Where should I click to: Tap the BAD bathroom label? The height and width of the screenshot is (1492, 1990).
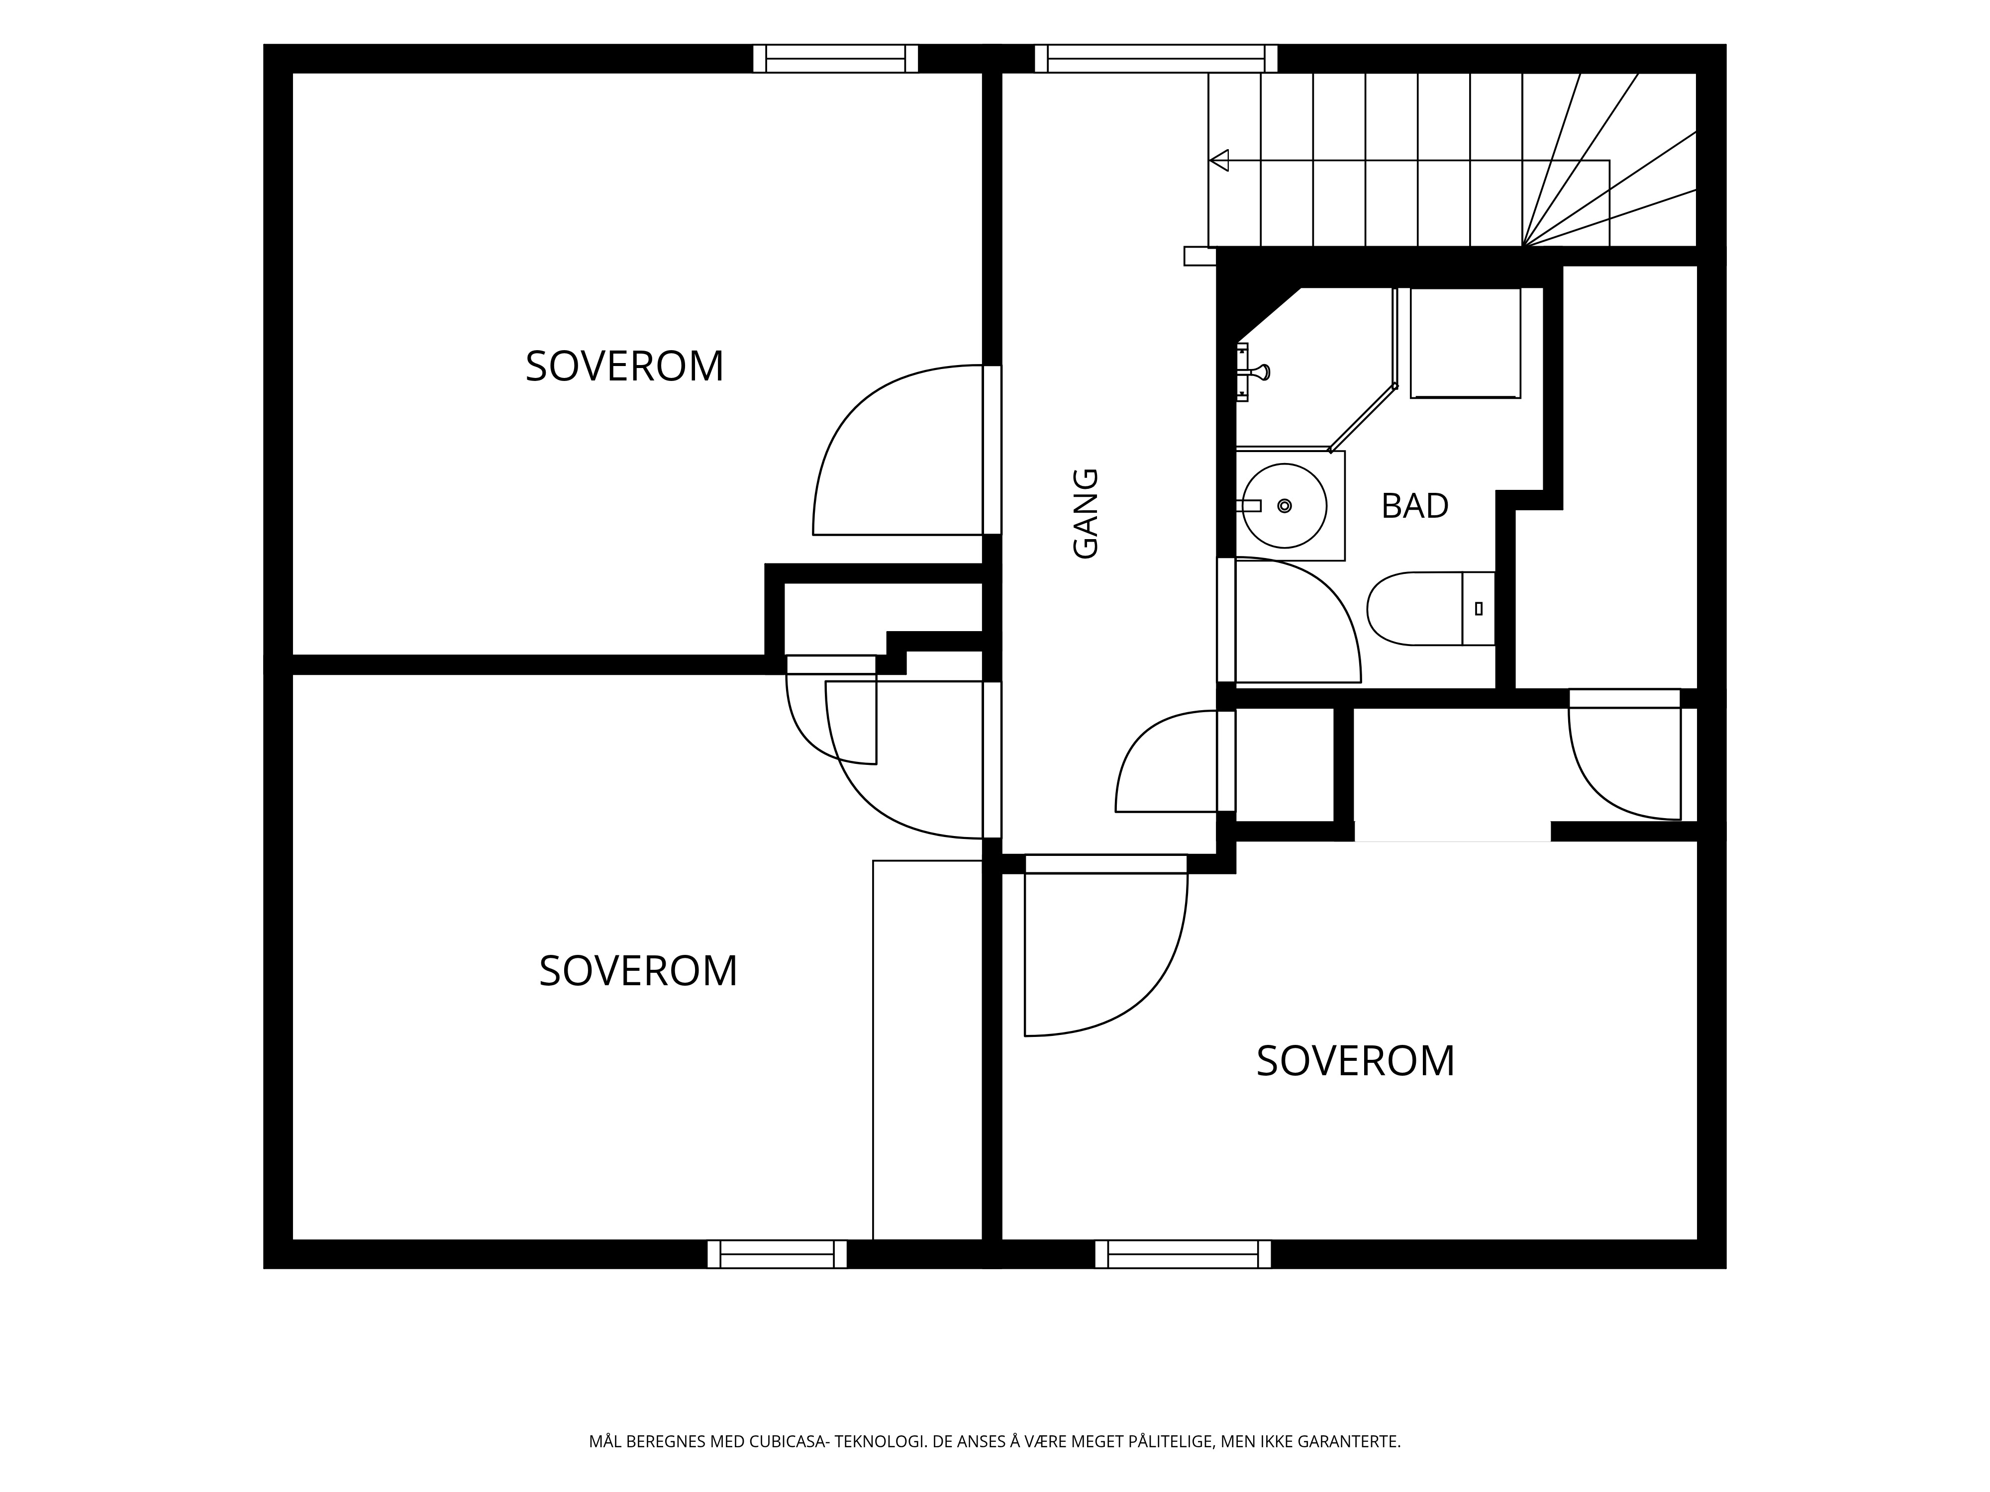coord(1414,506)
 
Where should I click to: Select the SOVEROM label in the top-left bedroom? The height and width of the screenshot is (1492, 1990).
coord(624,366)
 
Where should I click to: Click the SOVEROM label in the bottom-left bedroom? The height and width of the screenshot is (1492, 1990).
coord(638,971)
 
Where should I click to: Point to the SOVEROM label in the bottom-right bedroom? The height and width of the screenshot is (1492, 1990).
coord(1355,1061)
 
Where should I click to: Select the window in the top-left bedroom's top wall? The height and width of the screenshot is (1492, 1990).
coord(835,59)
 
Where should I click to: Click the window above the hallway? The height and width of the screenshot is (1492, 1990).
coord(1155,59)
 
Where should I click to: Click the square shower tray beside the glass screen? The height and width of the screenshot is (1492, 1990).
coord(1465,343)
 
